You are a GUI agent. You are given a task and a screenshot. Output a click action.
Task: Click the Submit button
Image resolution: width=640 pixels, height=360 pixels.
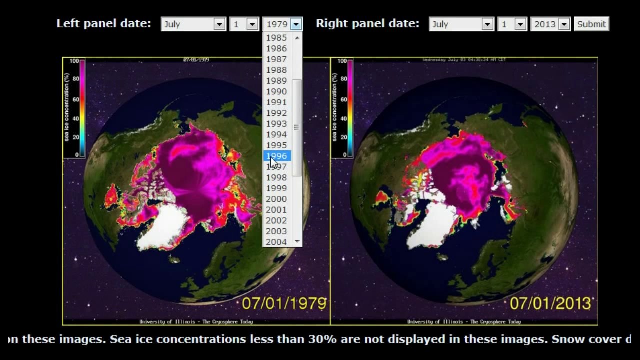591,24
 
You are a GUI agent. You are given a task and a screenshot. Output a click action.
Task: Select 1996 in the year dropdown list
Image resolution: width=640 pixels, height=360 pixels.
276,156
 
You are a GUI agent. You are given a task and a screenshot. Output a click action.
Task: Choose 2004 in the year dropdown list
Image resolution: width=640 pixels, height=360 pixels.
276,242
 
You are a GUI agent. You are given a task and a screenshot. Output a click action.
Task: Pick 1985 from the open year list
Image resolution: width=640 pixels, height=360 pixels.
276,38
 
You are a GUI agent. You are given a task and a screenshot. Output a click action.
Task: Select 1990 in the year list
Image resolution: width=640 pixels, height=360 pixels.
276,91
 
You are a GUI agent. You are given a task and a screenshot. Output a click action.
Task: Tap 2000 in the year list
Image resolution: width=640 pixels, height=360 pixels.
276,199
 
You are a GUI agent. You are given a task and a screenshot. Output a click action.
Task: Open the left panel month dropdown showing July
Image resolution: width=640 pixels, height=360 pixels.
193,24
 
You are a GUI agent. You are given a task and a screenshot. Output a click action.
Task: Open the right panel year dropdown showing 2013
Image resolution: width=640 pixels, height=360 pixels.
550,24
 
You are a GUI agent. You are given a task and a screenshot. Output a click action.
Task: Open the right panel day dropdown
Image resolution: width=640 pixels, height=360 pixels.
512,24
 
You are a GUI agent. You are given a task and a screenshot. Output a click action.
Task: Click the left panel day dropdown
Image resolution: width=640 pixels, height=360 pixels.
244,24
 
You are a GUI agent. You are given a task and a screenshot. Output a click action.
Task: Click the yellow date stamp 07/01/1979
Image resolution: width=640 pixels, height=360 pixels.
284,303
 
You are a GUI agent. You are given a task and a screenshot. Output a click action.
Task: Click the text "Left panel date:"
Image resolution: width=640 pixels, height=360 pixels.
103,23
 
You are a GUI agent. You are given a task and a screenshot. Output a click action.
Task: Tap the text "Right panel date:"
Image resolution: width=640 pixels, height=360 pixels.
367,23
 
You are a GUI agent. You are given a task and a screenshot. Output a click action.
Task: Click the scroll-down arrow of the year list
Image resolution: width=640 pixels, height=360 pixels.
297,241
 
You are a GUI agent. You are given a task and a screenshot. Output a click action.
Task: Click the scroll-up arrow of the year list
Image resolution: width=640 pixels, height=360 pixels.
297,38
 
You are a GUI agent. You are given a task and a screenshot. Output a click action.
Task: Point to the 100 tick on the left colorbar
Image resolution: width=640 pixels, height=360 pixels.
74,61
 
